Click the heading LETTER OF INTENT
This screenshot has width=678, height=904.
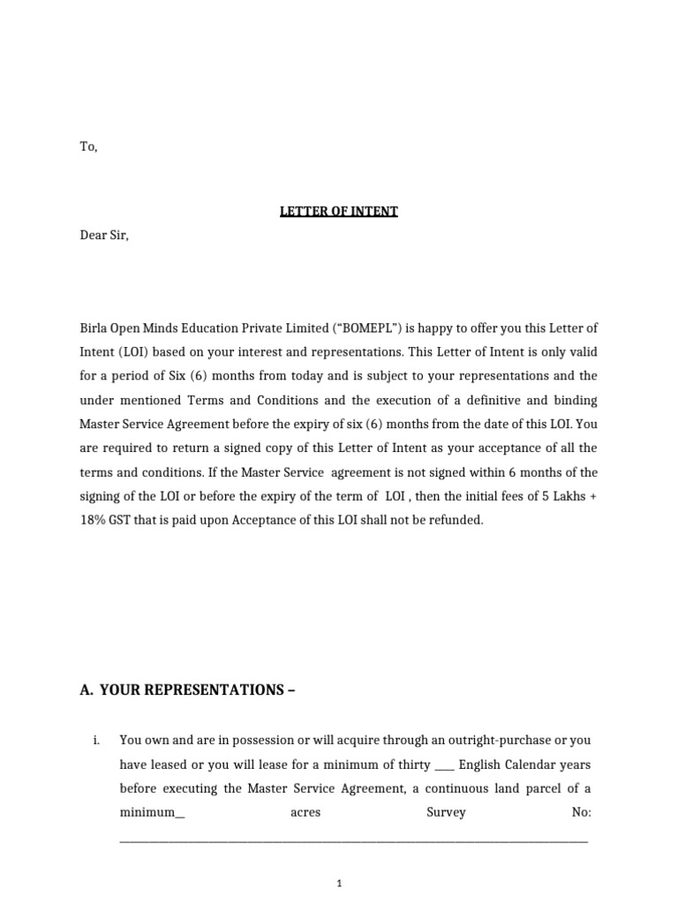click(x=339, y=212)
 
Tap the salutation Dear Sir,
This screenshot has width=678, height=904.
click(x=104, y=236)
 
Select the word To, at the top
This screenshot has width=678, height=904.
click(x=88, y=147)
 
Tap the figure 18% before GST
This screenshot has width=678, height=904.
click(x=94, y=520)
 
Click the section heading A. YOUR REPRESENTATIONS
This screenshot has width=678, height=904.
click(x=187, y=690)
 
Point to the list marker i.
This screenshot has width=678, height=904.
click(x=95, y=740)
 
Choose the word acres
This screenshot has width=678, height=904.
click(x=305, y=812)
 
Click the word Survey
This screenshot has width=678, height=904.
click(x=446, y=812)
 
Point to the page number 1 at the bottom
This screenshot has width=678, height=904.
click(x=339, y=883)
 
